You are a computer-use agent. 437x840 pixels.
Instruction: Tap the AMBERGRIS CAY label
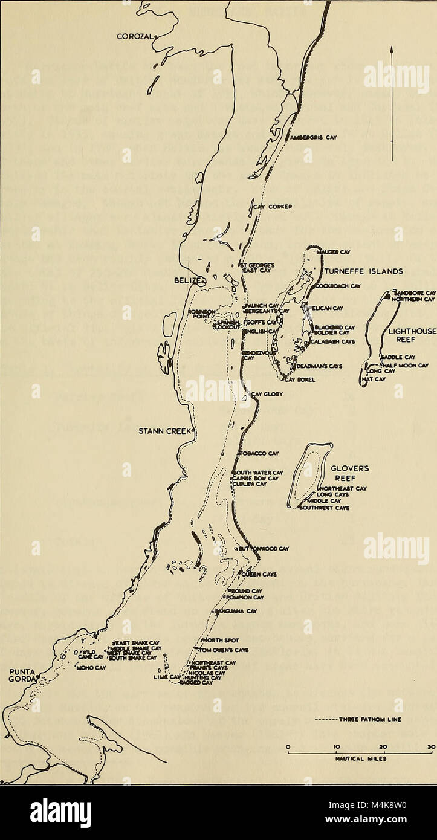[x=312, y=137]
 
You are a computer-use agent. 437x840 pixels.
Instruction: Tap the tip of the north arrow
[x=392, y=46]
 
